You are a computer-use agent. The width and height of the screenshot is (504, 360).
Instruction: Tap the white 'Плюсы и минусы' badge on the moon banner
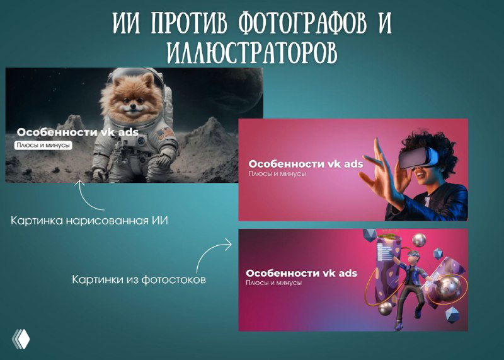[x=43, y=146]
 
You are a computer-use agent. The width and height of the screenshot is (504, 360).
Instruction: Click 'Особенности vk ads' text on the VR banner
[x=306, y=164]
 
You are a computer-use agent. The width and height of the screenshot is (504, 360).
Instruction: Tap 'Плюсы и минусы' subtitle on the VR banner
[x=277, y=173]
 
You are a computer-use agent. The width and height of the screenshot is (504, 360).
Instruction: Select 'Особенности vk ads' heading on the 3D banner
[x=301, y=273]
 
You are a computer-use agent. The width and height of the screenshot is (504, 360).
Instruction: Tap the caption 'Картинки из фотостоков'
[x=139, y=279]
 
